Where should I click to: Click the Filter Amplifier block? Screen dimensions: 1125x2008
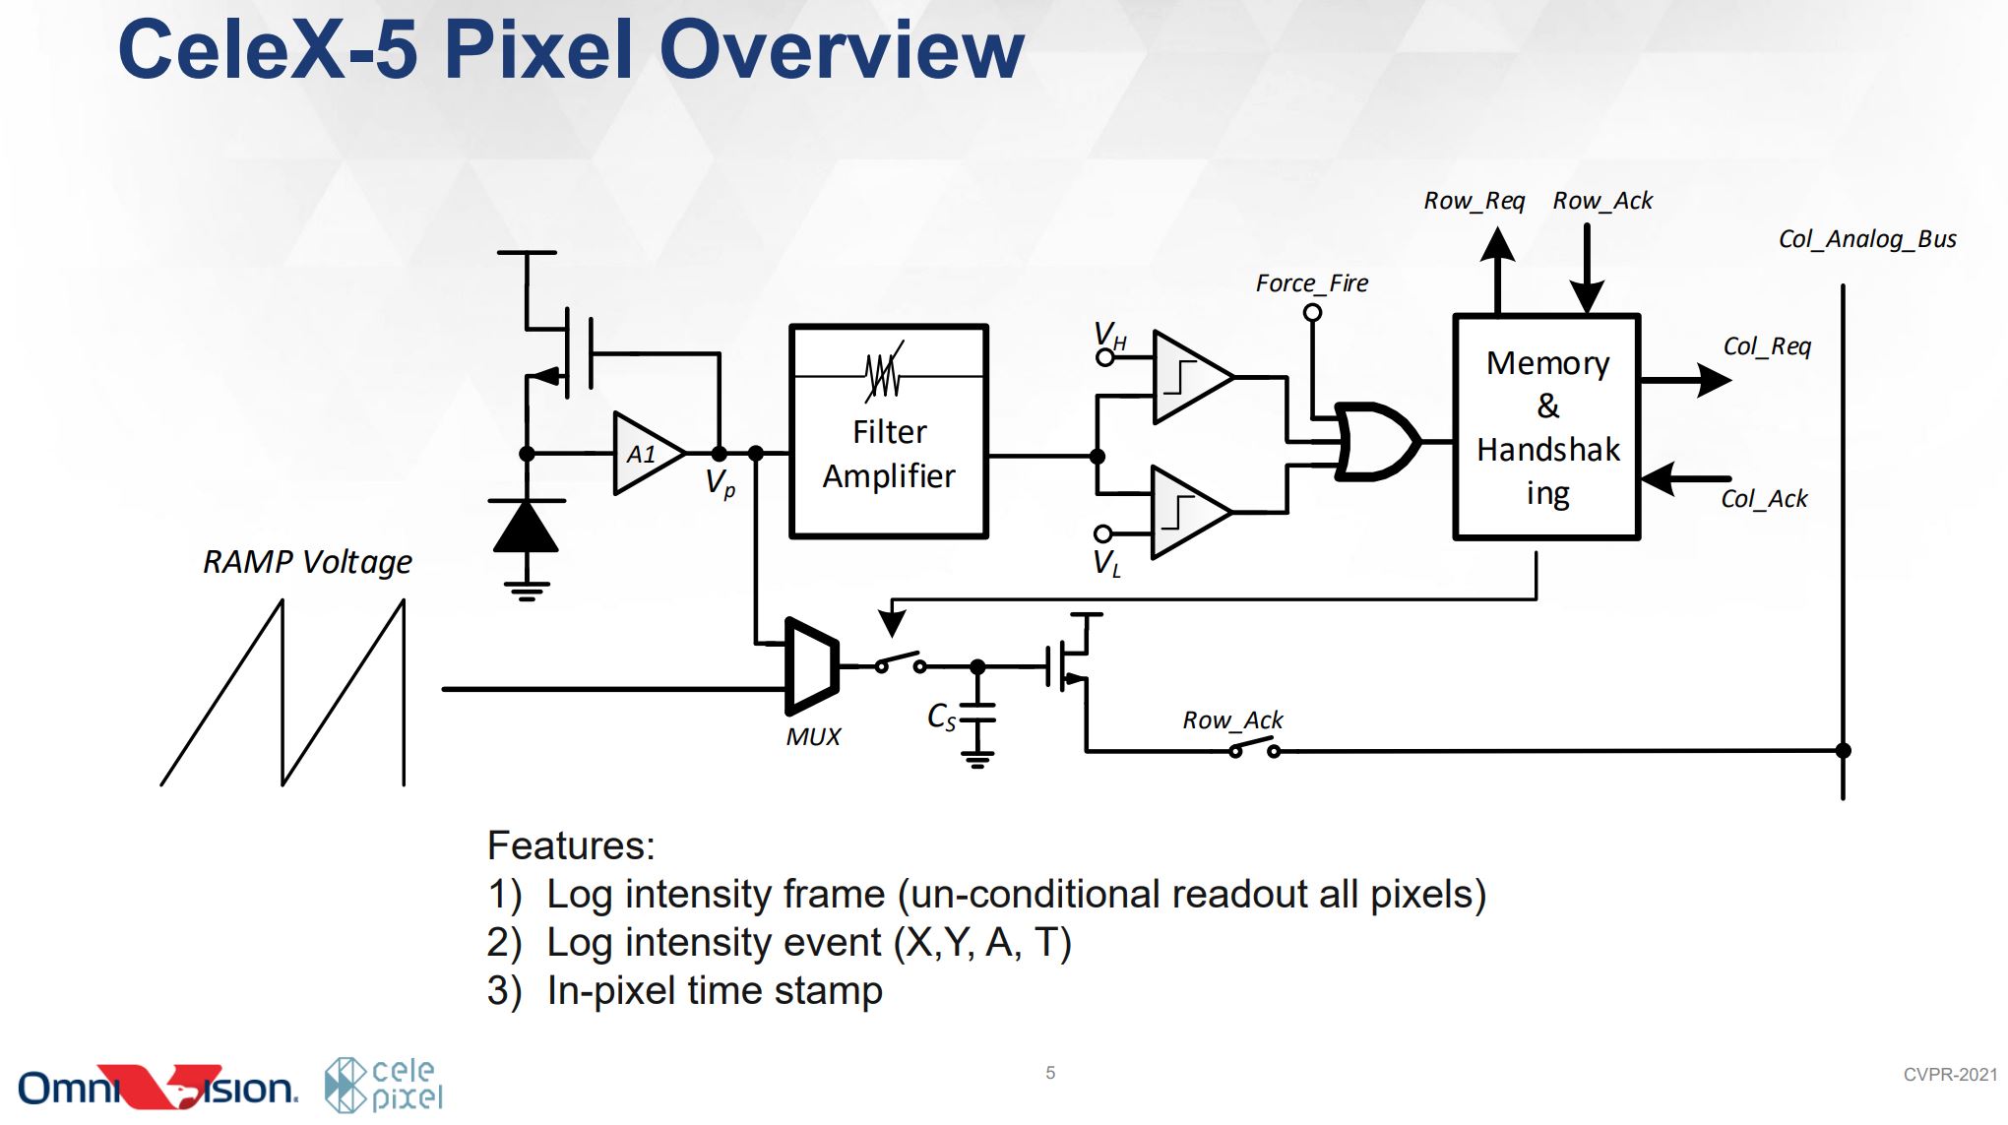pos(888,431)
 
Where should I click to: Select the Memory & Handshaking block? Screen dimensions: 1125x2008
pos(1546,426)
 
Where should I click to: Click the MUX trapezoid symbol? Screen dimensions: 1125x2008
pos(812,666)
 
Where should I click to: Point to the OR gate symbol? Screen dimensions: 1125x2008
pos(1375,441)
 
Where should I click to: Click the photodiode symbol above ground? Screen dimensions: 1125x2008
pos(527,527)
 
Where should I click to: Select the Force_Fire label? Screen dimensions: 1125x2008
pos(1311,283)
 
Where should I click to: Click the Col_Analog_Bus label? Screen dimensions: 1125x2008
pos(1866,239)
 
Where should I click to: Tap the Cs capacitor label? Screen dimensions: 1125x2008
pos(941,717)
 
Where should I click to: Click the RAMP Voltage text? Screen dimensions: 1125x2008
pos(307,562)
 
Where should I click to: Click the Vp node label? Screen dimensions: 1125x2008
pos(720,483)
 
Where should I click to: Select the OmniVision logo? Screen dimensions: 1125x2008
pos(157,1087)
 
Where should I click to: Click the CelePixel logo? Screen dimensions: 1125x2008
pos(385,1085)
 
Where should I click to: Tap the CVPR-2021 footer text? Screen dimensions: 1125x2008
pos(1949,1075)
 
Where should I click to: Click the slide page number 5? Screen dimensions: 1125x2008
pos(1050,1073)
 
